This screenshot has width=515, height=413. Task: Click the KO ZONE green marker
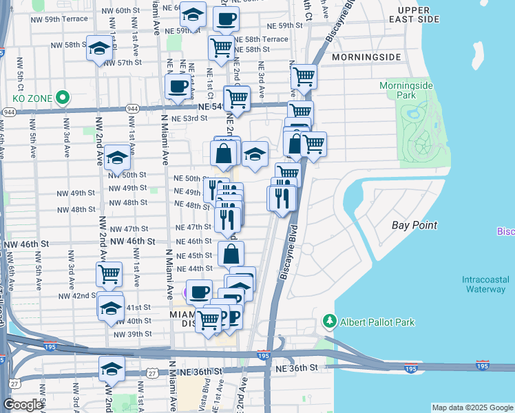point(62,98)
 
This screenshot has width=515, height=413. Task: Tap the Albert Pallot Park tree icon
point(330,322)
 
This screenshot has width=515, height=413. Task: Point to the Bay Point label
point(414,225)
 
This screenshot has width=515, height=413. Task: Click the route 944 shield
point(9,112)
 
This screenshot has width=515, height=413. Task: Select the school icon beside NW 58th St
point(99,48)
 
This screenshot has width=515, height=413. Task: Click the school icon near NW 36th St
point(112,368)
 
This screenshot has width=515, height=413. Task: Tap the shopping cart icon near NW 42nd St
point(109,274)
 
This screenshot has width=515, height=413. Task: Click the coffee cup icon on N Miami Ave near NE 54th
point(178,87)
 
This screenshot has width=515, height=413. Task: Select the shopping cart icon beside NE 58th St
point(221,47)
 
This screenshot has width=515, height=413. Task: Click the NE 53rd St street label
point(189,118)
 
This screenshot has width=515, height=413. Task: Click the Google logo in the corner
point(23,405)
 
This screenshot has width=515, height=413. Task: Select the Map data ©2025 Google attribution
point(472,407)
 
